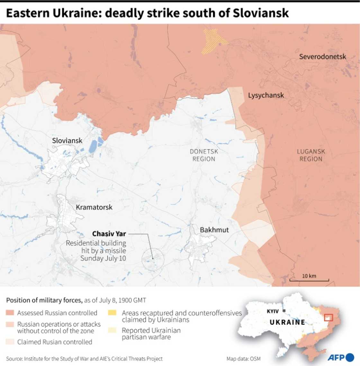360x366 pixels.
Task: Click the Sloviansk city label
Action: coord(67,141)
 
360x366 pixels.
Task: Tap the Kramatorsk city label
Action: coord(94,207)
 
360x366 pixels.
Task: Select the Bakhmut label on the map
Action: coord(214,230)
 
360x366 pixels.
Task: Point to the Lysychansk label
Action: coord(266,95)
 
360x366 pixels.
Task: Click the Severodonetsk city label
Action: coord(322,57)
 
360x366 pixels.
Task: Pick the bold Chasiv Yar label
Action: coord(109,234)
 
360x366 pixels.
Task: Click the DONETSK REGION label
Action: coord(204,155)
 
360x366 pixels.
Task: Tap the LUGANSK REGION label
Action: coord(311,155)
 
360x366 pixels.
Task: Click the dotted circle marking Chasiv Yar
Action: coord(153,259)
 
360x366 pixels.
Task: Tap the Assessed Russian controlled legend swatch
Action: coord(10,313)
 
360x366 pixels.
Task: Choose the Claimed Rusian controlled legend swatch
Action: coord(10,342)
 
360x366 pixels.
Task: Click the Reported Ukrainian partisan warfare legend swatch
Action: coord(112,330)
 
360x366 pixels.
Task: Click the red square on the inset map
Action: coord(328,317)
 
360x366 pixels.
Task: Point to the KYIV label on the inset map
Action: coord(272,311)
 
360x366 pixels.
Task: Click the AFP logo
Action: coord(341,357)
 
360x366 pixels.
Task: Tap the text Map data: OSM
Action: coord(243,359)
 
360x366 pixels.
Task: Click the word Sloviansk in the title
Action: coord(261,13)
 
